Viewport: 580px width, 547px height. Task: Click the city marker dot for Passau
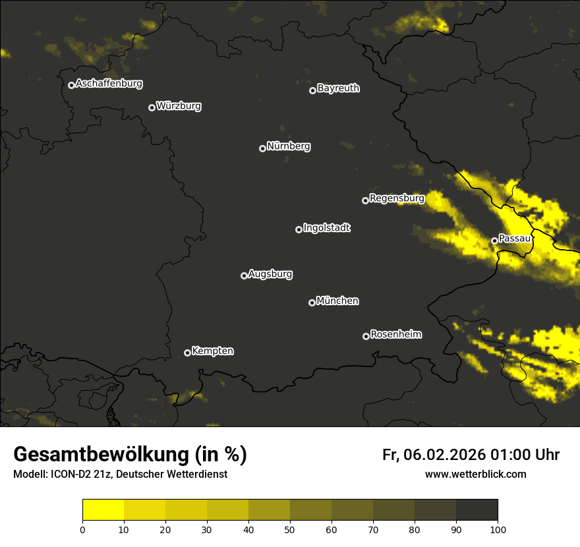494,241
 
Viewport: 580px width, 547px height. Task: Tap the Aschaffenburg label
109,84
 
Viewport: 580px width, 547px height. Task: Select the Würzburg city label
179,105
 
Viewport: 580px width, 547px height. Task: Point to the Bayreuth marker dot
313,90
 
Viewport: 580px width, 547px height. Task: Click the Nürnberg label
289,146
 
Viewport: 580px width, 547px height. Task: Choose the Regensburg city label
397,198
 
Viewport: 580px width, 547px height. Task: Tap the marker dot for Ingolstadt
299,229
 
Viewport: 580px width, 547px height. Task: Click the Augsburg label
270,273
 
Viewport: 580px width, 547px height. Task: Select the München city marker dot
312,302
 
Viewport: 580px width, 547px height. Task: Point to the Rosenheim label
395,334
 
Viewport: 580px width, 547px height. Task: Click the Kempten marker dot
187,353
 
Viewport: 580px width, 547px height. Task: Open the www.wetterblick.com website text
475,474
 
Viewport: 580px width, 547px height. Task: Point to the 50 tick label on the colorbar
290,529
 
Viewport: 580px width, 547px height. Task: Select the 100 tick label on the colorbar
498,529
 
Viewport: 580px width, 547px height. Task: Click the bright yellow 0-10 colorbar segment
103,510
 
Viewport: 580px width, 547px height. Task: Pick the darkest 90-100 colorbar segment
477,510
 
